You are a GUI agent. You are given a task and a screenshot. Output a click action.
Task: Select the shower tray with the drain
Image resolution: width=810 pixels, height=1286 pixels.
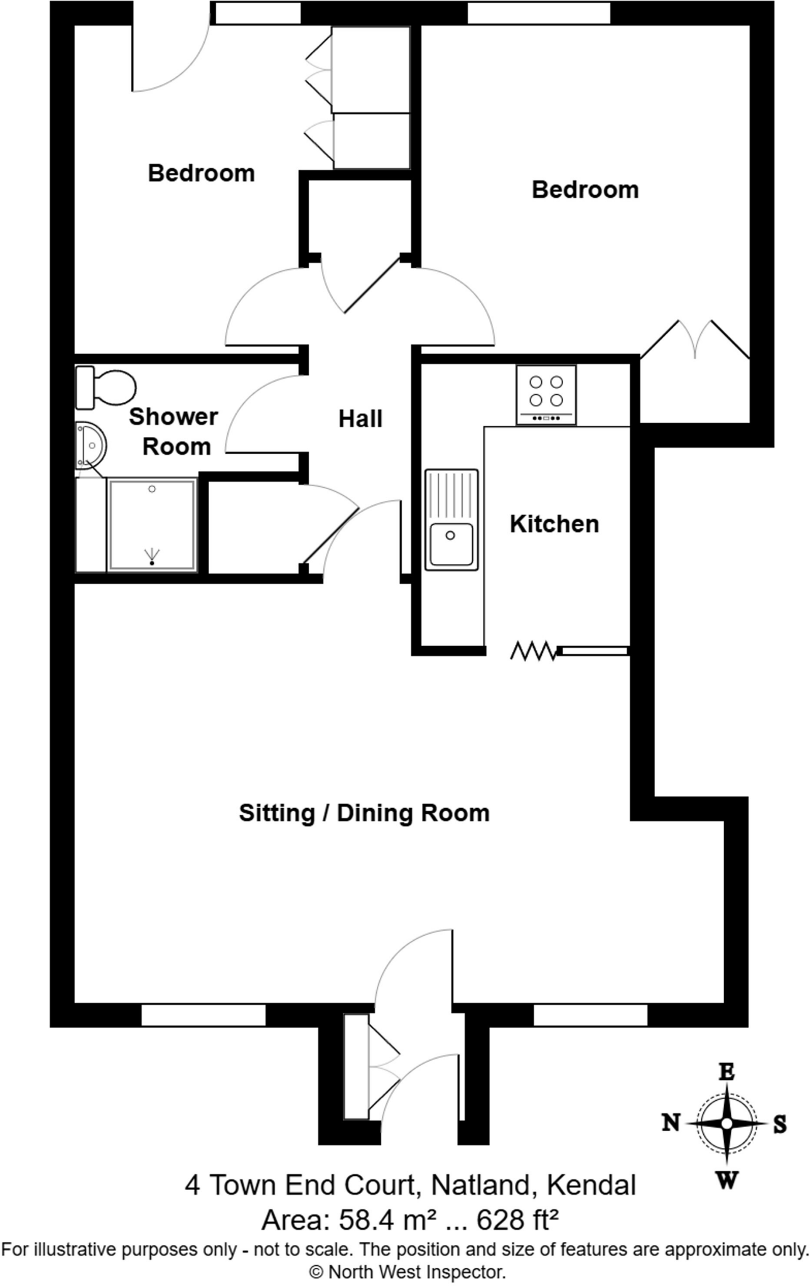152,524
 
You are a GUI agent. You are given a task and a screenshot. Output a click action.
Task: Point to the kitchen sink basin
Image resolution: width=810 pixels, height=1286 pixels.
451,542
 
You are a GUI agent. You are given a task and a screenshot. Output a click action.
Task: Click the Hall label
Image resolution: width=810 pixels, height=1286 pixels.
360,419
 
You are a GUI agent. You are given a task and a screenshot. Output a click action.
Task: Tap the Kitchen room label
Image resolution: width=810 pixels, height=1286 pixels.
554,524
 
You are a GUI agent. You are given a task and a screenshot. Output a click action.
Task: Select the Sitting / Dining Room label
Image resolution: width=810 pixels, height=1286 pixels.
364,813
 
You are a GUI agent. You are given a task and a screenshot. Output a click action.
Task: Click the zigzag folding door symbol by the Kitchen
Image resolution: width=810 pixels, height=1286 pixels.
533,651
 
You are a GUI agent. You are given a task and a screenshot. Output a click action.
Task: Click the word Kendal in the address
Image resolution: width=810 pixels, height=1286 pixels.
591,1186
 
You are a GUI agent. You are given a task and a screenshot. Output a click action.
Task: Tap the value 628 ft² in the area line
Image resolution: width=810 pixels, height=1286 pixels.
517,1220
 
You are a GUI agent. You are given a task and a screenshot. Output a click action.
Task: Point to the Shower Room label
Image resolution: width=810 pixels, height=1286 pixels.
174,431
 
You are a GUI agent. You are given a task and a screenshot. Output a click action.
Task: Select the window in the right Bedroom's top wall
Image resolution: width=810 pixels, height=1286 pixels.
539,13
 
